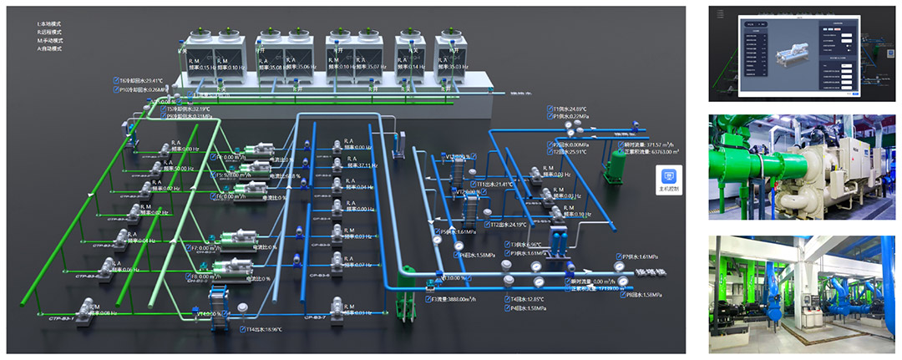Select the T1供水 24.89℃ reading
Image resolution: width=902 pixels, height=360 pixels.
[x=570, y=109]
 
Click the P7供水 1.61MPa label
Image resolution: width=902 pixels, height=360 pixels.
[x=640, y=256]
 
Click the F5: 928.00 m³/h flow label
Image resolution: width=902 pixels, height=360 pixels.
[x=230, y=175]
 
